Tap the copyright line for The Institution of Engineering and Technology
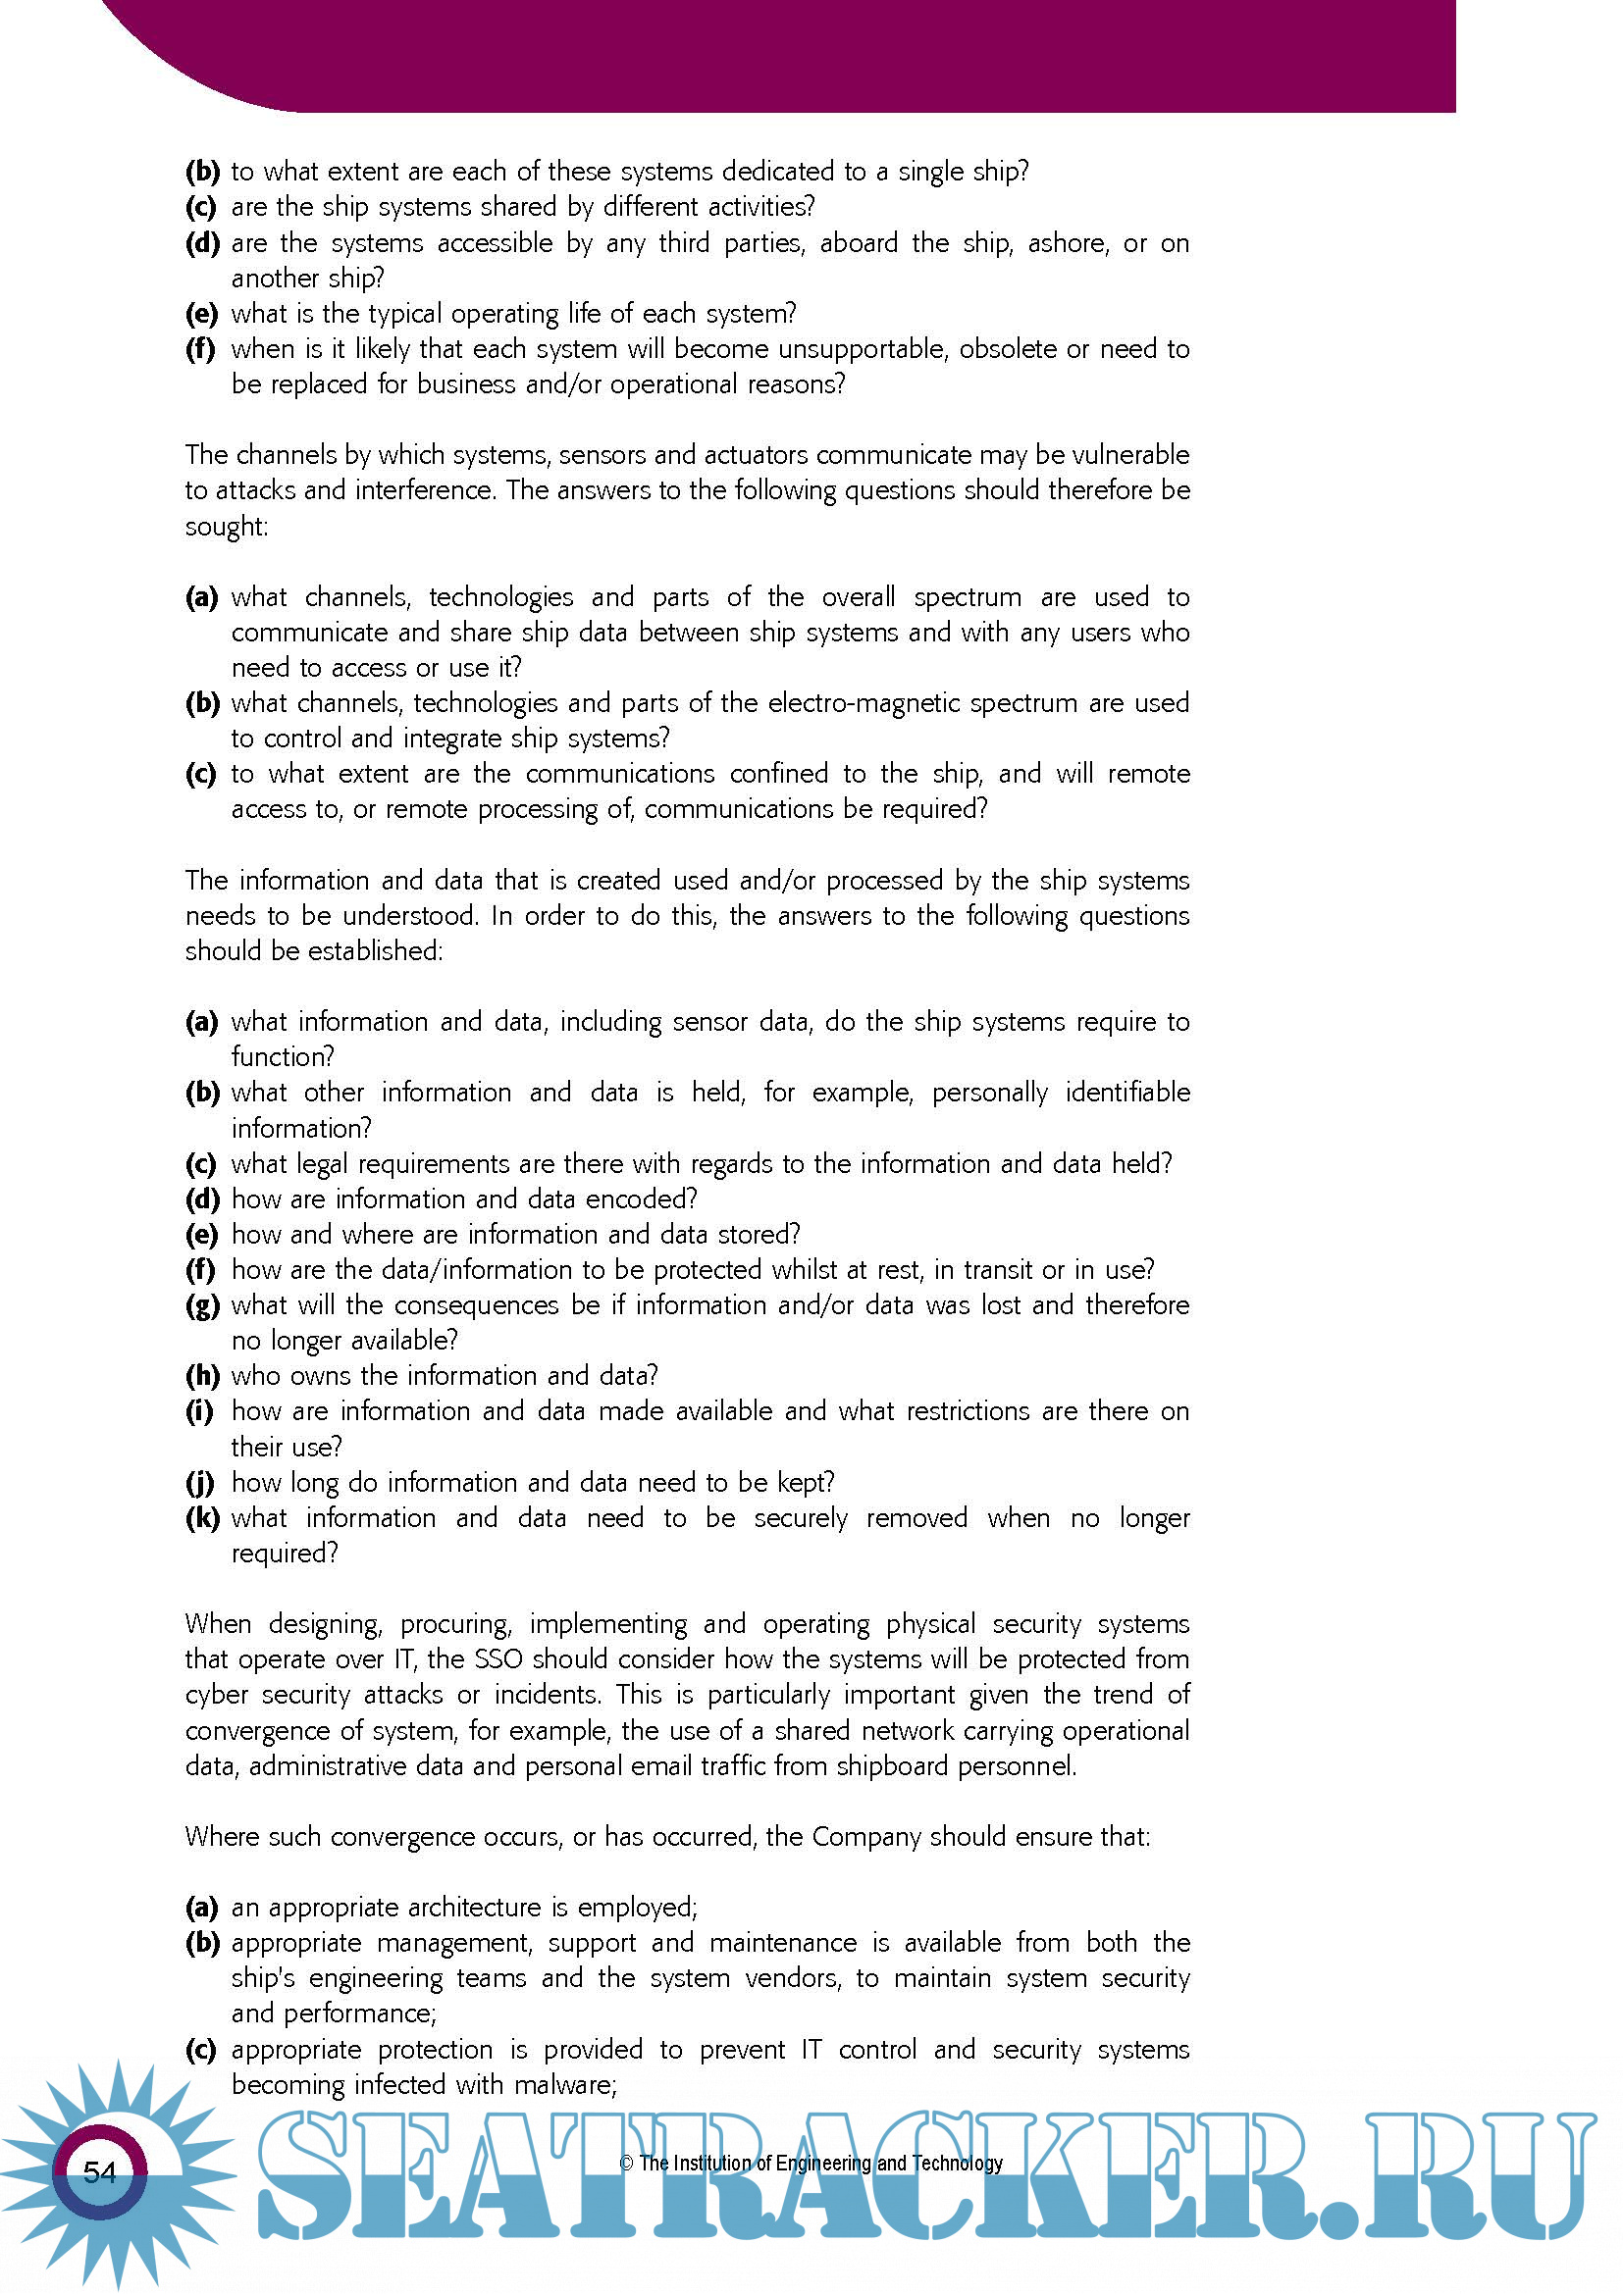click(811, 2164)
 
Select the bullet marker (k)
click(202, 1518)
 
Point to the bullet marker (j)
click(201, 1483)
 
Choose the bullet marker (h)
click(202, 1376)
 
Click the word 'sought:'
click(226, 527)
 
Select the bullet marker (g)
click(202, 1305)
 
